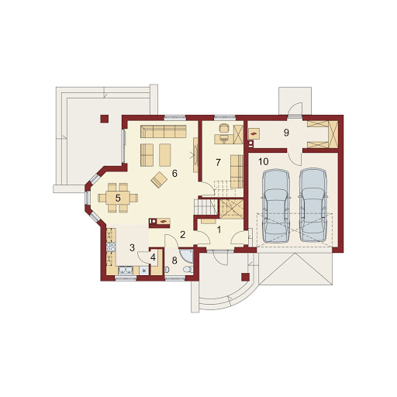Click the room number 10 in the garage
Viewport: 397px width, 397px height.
(x=264, y=162)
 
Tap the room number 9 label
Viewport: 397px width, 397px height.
(x=286, y=133)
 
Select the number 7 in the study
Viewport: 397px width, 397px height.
(x=218, y=163)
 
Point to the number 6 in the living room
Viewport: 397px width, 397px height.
(x=174, y=174)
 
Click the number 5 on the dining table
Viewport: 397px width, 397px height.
(x=118, y=198)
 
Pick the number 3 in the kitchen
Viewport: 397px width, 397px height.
(x=132, y=248)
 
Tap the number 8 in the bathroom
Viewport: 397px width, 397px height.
(x=174, y=261)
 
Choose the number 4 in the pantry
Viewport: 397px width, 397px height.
(x=153, y=257)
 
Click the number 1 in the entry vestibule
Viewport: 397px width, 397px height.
(x=219, y=230)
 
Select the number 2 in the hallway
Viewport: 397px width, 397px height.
(x=183, y=235)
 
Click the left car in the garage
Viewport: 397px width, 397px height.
(x=276, y=205)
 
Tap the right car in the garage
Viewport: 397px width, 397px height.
(x=313, y=205)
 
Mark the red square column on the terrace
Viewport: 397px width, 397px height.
(x=105, y=119)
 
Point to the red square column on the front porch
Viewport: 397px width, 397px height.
(x=246, y=277)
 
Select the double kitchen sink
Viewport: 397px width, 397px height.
(x=126, y=271)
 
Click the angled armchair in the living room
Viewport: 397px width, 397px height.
(x=159, y=180)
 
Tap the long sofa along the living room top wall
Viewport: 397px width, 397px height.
(x=164, y=132)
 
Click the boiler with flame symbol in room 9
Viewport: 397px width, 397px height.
(x=254, y=134)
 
